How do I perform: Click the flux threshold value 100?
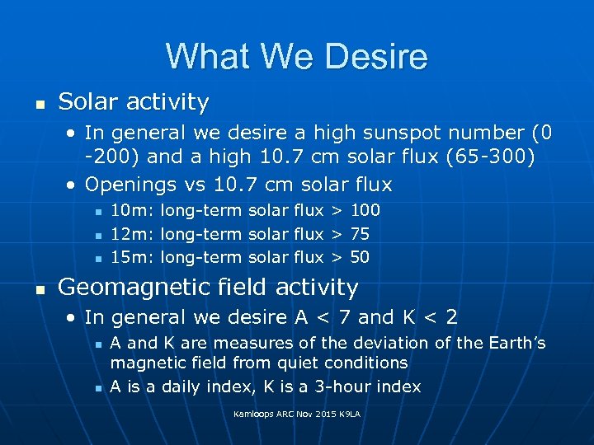point(365,211)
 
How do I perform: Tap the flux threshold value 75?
point(360,234)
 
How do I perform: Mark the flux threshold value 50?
point(360,257)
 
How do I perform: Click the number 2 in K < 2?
point(451,317)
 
